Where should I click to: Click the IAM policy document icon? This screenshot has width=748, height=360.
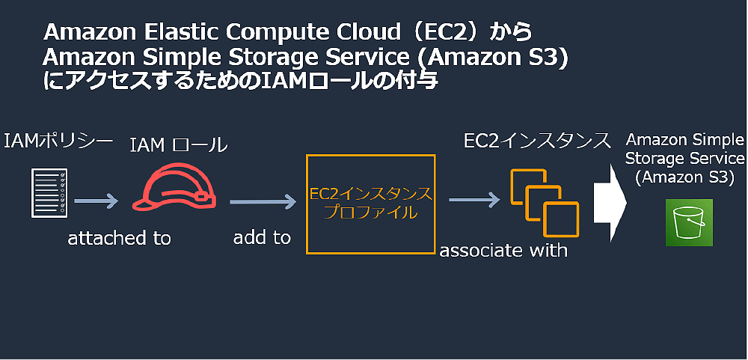tap(46, 192)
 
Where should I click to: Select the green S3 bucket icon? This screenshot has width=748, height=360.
tap(689, 222)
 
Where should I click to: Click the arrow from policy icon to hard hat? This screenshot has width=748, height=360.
tap(96, 201)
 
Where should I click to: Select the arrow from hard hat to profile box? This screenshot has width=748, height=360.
tap(263, 201)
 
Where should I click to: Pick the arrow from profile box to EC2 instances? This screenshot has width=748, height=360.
tap(473, 201)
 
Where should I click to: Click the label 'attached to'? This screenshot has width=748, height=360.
tap(119, 239)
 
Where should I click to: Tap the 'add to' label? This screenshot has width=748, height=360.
tap(262, 238)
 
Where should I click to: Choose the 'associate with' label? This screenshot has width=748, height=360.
tap(503, 250)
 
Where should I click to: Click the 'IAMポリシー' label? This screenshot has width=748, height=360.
tap(58, 141)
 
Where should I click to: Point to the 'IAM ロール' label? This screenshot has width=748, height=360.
tap(178, 145)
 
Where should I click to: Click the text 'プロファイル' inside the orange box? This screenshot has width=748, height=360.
tap(370, 212)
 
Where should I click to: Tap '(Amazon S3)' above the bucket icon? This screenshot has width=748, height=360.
tap(684, 177)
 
